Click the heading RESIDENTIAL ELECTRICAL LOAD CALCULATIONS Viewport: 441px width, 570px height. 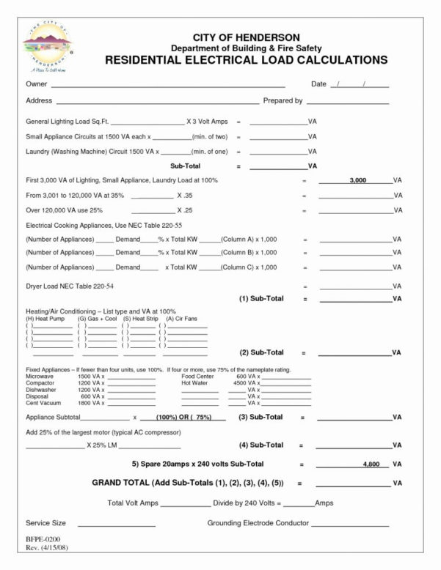(x=246, y=59)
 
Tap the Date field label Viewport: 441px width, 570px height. (x=318, y=84)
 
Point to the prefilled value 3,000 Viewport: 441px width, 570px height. (x=358, y=179)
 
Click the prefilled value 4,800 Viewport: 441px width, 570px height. (x=371, y=464)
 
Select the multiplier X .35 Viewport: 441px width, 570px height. (x=184, y=196)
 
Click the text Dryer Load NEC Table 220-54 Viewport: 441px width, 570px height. (x=69, y=286)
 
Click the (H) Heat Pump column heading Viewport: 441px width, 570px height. (x=46, y=319)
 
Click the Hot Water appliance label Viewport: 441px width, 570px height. (x=195, y=383)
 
